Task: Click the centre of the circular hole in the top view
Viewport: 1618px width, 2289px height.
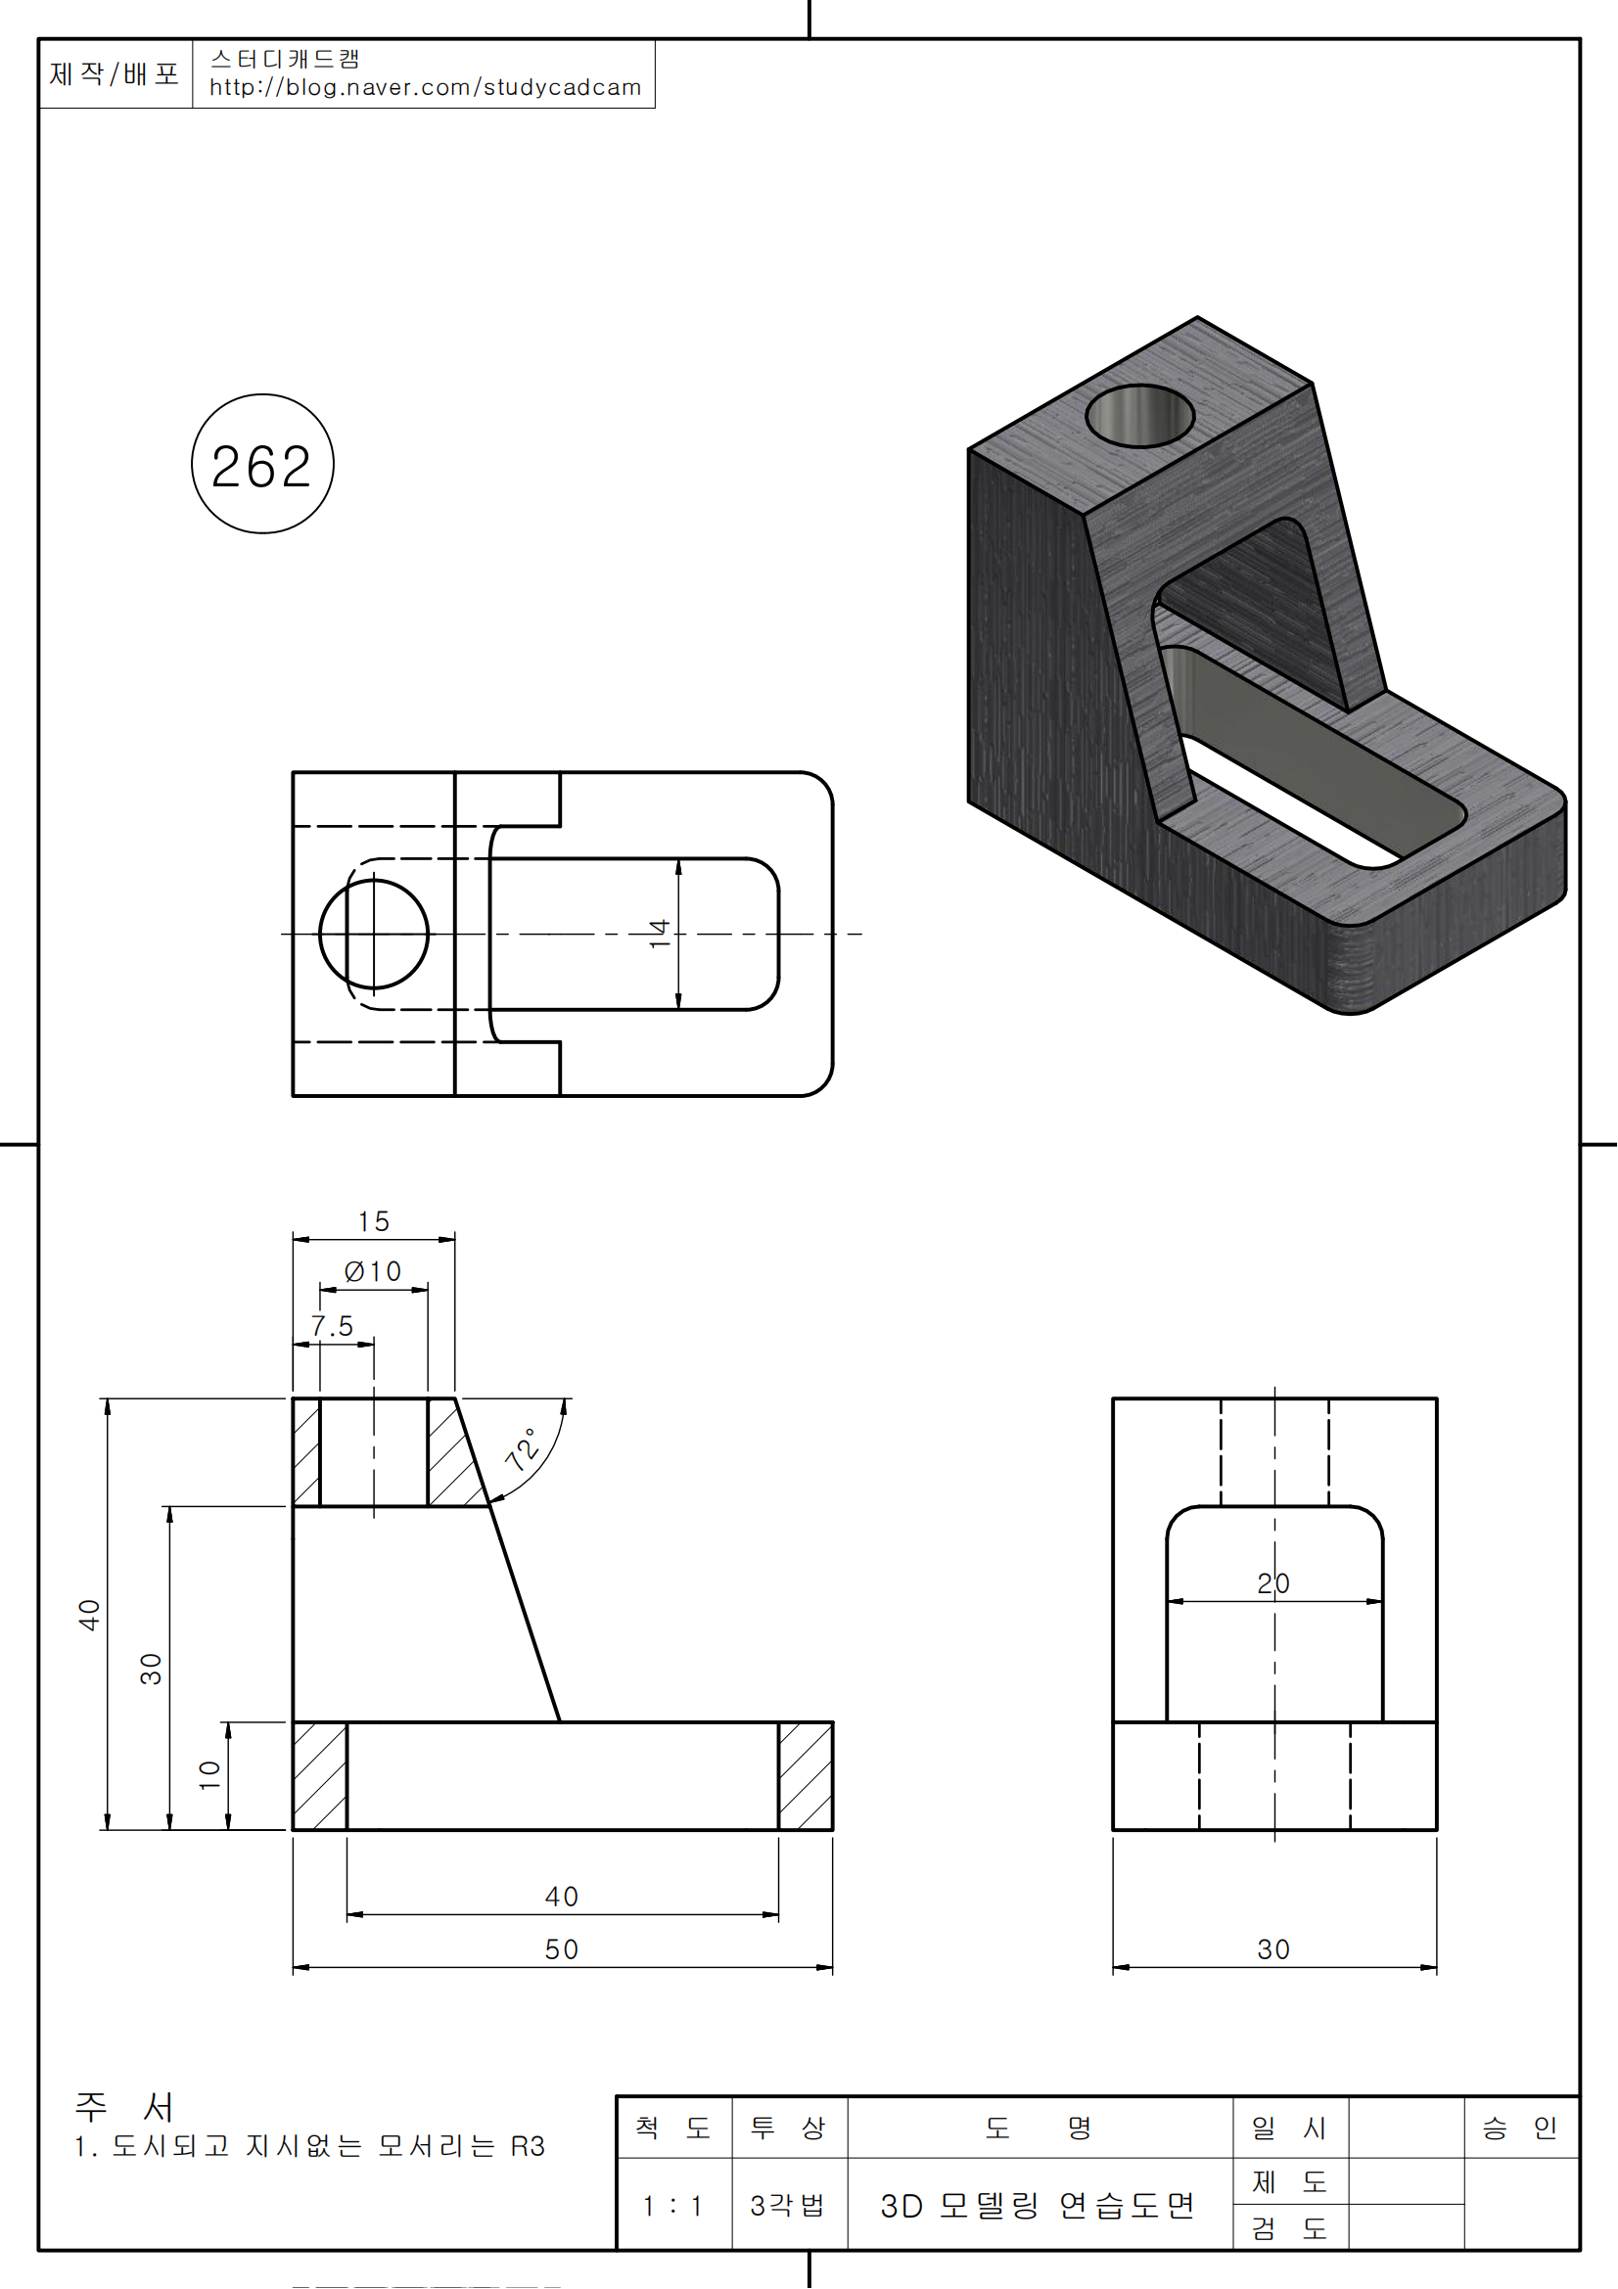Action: point(374,935)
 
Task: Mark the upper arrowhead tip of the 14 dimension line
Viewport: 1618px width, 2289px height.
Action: point(679,859)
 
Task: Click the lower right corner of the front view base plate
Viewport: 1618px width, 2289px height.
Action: point(832,1830)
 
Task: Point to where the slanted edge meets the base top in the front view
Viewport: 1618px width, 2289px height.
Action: point(559,1721)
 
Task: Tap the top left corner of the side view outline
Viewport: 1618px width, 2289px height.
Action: point(1114,1398)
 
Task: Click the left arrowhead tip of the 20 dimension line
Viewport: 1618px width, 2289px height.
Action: point(1168,1602)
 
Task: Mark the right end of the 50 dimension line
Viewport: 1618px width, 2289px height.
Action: point(832,1968)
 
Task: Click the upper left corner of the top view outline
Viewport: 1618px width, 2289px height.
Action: point(293,773)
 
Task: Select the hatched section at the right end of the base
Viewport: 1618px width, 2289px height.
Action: point(806,1775)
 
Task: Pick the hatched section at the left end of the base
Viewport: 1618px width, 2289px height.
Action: point(320,1775)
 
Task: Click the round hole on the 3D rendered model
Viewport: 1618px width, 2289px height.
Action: point(1139,416)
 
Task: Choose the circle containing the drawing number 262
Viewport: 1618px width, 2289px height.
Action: point(263,464)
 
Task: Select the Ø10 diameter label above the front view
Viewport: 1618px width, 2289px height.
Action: point(373,1271)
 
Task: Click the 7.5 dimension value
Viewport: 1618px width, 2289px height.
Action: point(332,1326)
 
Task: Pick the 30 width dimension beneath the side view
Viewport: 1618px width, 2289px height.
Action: point(1274,1949)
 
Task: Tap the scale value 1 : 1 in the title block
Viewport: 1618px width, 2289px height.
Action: point(672,2206)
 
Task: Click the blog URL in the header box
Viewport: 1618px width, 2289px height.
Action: point(426,88)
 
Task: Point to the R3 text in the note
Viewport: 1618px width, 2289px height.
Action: point(529,2146)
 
